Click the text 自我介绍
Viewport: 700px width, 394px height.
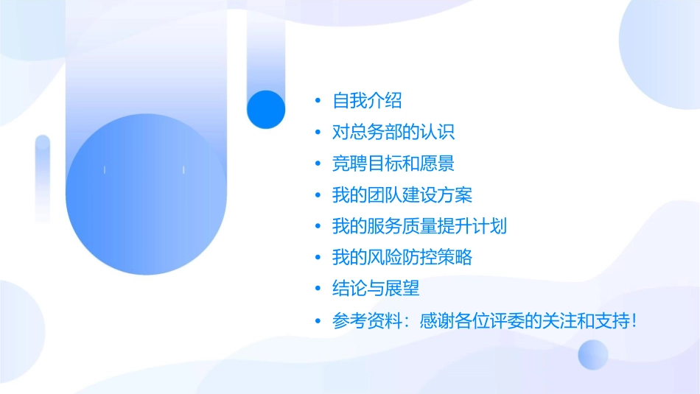click(367, 101)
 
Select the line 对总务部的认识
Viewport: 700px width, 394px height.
click(393, 133)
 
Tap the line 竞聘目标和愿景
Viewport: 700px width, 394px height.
click(393, 163)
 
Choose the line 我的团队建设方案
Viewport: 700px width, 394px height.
click(402, 195)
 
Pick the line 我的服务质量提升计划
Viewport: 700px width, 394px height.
click(420, 226)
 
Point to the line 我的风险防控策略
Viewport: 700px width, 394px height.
click(402, 258)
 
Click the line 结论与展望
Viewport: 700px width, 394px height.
click(376, 289)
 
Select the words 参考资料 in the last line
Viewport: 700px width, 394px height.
click(367, 321)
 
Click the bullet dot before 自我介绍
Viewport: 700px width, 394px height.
click(318, 102)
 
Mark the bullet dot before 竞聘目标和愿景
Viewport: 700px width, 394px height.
click(318, 164)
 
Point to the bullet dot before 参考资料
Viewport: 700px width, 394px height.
click(318, 321)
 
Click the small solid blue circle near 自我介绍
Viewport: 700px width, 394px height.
click(265, 109)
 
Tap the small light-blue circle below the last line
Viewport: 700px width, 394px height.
click(593, 354)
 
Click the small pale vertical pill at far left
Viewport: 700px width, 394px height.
click(43, 177)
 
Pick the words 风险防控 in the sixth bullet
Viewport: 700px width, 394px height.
click(411, 258)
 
